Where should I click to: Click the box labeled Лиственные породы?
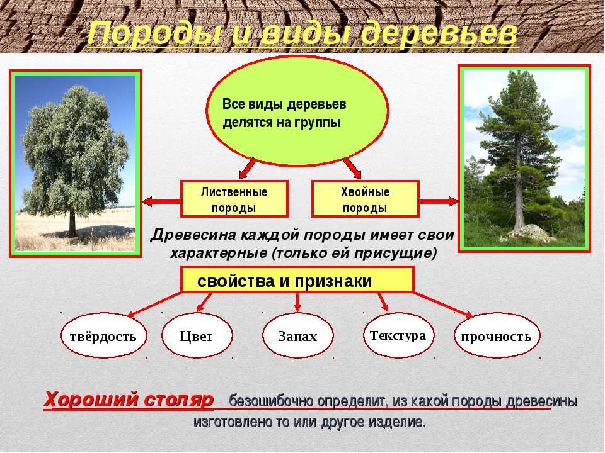tap(234, 199)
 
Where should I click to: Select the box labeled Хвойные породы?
tap(365, 199)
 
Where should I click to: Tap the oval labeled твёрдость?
tap(103, 335)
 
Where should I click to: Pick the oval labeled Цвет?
tap(197, 335)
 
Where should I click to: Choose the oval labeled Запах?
tap(297, 335)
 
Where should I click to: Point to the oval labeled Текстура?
tap(398, 335)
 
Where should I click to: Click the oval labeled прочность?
tap(497, 335)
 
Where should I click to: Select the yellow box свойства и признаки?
tap(297, 279)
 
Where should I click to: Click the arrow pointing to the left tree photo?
tap(162, 201)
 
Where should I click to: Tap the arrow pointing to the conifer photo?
tap(439, 201)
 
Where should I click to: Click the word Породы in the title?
tap(154, 34)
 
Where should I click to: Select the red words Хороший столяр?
tap(129, 400)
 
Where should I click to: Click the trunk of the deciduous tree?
tap(72, 225)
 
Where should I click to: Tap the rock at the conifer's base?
tap(529, 233)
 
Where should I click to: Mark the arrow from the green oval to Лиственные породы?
tap(248, 168)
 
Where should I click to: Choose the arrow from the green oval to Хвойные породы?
tap(352, 168)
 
